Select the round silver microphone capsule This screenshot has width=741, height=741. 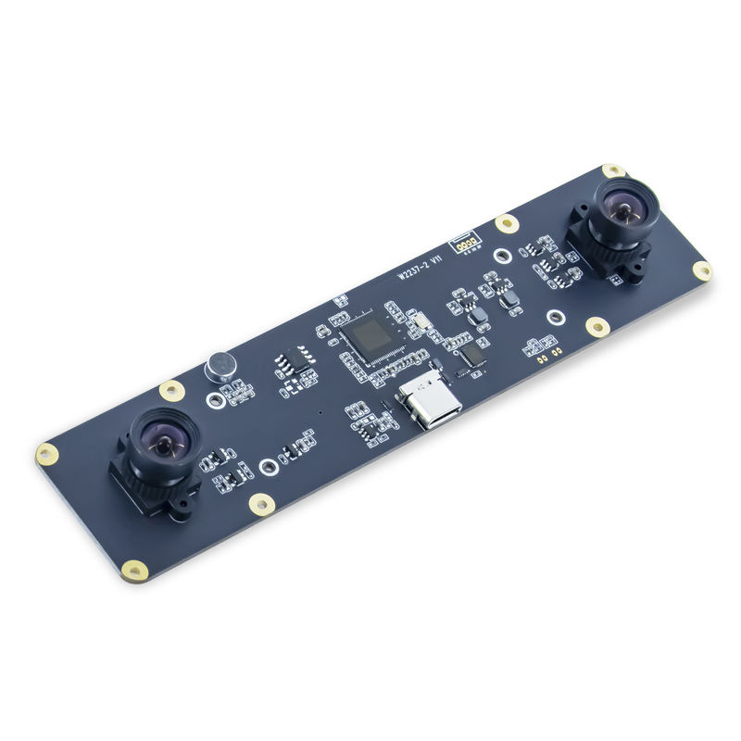[219, 367]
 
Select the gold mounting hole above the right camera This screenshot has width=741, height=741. [612, 170]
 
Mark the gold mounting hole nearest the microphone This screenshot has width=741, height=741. [172, 390]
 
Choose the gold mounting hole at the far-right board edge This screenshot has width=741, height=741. [703, 271]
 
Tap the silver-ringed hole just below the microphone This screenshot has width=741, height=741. [216, 399]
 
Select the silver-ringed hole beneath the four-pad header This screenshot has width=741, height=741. [501, 256]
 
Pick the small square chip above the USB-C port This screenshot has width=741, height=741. [472, 356]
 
